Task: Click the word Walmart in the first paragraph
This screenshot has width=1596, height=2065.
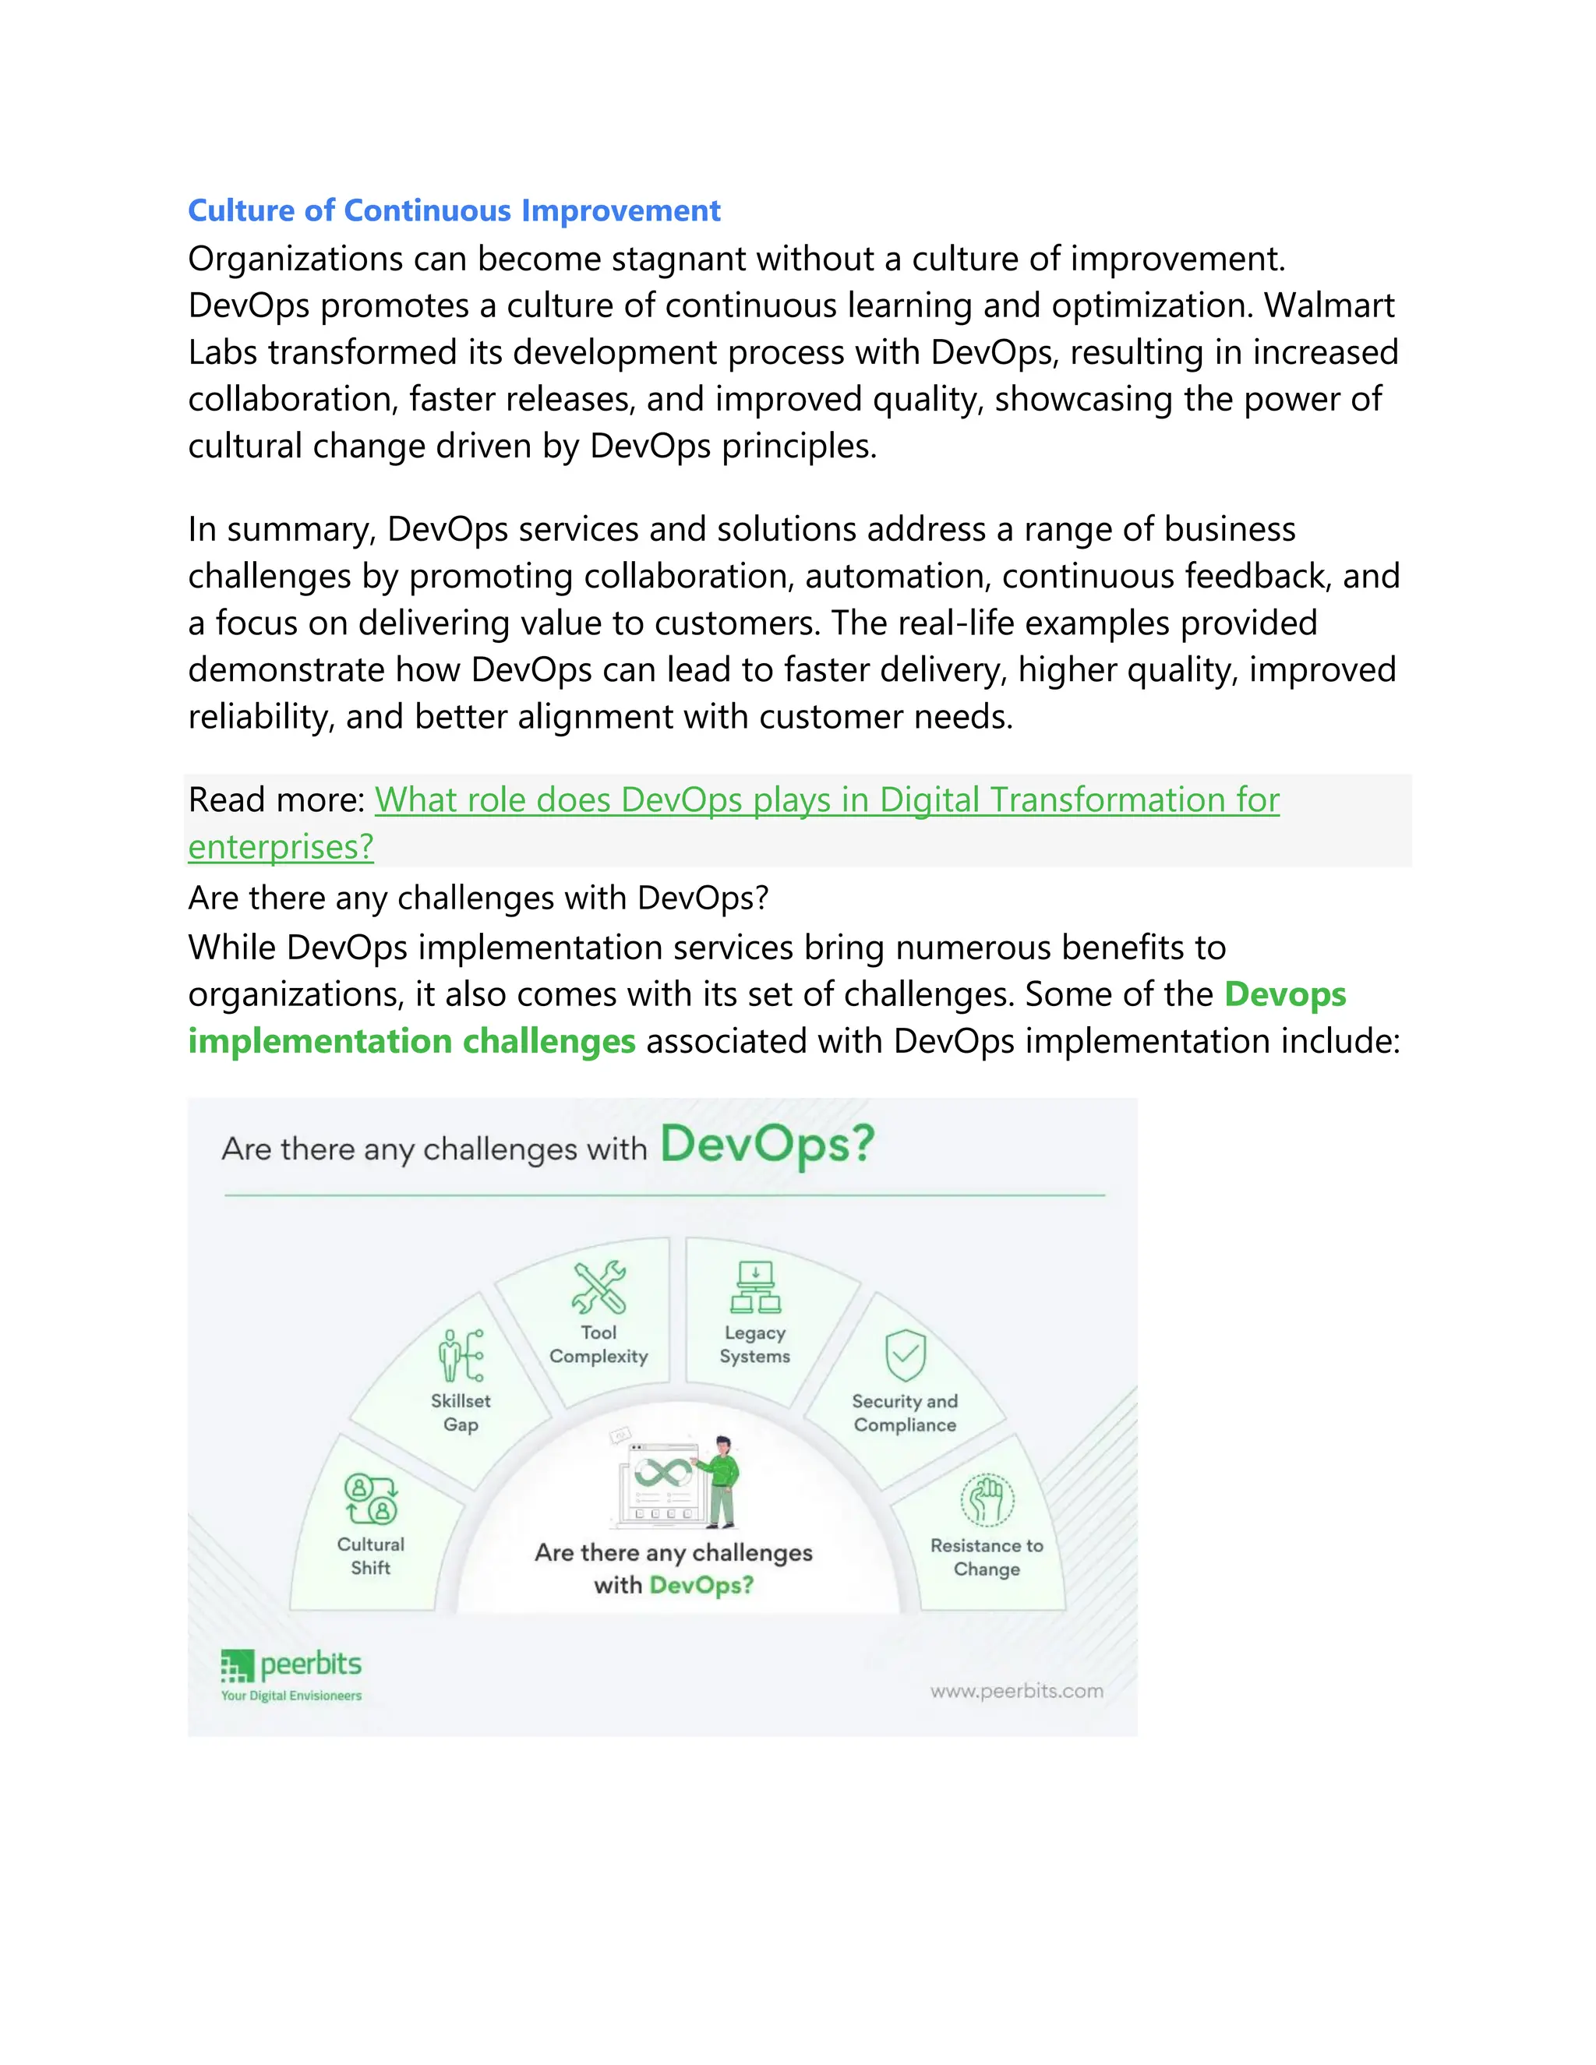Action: click(x=1329, y=305)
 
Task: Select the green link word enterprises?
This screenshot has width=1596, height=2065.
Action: click(x=281, y=846)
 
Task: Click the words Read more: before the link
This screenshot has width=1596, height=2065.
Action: click(x=276, y=800)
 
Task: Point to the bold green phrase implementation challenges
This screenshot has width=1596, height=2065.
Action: click(x=411, y=1041)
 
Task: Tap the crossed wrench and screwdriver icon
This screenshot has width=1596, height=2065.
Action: click(x=598, y=1287)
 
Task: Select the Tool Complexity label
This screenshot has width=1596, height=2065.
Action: click(x=598, y=1343)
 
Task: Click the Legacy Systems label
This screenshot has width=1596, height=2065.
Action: click(x=754, y=1343)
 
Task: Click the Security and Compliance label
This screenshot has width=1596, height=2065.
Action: click(x=905, y=1413)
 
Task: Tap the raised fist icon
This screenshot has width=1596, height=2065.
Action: click(x=987, y=1499)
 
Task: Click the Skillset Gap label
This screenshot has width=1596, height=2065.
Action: click(x=461, y=1412)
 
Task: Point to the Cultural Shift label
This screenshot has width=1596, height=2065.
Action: click(x=371, y=1555)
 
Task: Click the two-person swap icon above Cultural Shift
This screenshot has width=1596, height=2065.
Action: click(x=371, y=1498)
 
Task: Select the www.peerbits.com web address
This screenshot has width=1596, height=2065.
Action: click(x=1016, y=1691)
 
